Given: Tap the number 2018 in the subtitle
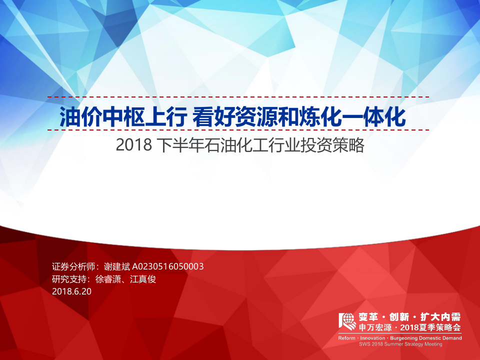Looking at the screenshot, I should (x=133, y=145).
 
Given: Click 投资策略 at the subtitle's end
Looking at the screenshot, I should (x=339, y=145).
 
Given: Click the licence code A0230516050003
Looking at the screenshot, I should (x=168, y=266).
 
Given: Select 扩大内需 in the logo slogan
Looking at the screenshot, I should (x=440, y=317).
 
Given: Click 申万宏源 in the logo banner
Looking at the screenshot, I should (x=375, y=327).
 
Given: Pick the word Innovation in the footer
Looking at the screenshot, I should (x=373, y=338).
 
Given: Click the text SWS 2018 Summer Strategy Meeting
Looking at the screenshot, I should (x=400, y=344).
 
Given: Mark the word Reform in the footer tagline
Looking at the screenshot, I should (x=347, y=338).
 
